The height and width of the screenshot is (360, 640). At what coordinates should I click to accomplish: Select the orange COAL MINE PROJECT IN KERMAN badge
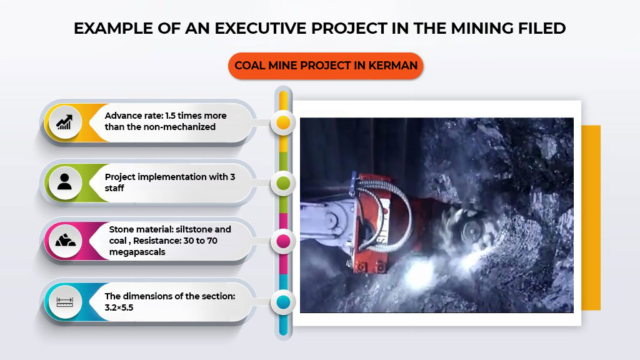(326, 66)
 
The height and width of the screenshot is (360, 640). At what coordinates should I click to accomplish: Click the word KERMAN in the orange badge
(392, 66)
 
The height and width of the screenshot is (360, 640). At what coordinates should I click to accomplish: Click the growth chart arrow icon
(64, 122)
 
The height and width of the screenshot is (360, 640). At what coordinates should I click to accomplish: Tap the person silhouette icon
(64, 182)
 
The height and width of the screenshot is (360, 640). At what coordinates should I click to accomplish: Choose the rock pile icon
(65, 241)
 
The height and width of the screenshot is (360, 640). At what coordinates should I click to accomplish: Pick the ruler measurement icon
(65, 302)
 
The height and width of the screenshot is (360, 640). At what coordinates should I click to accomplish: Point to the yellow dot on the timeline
(283, 122)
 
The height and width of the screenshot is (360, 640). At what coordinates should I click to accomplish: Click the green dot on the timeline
(283, 183)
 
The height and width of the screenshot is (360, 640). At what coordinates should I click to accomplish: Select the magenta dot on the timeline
(283, 241)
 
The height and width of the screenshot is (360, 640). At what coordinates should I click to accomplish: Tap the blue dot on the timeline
(283, 302)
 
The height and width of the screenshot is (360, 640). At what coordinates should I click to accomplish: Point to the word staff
(114, 188)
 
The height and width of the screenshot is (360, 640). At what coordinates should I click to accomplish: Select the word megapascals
(137, 252)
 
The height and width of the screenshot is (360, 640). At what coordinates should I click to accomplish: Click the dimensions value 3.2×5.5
(119, 307)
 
